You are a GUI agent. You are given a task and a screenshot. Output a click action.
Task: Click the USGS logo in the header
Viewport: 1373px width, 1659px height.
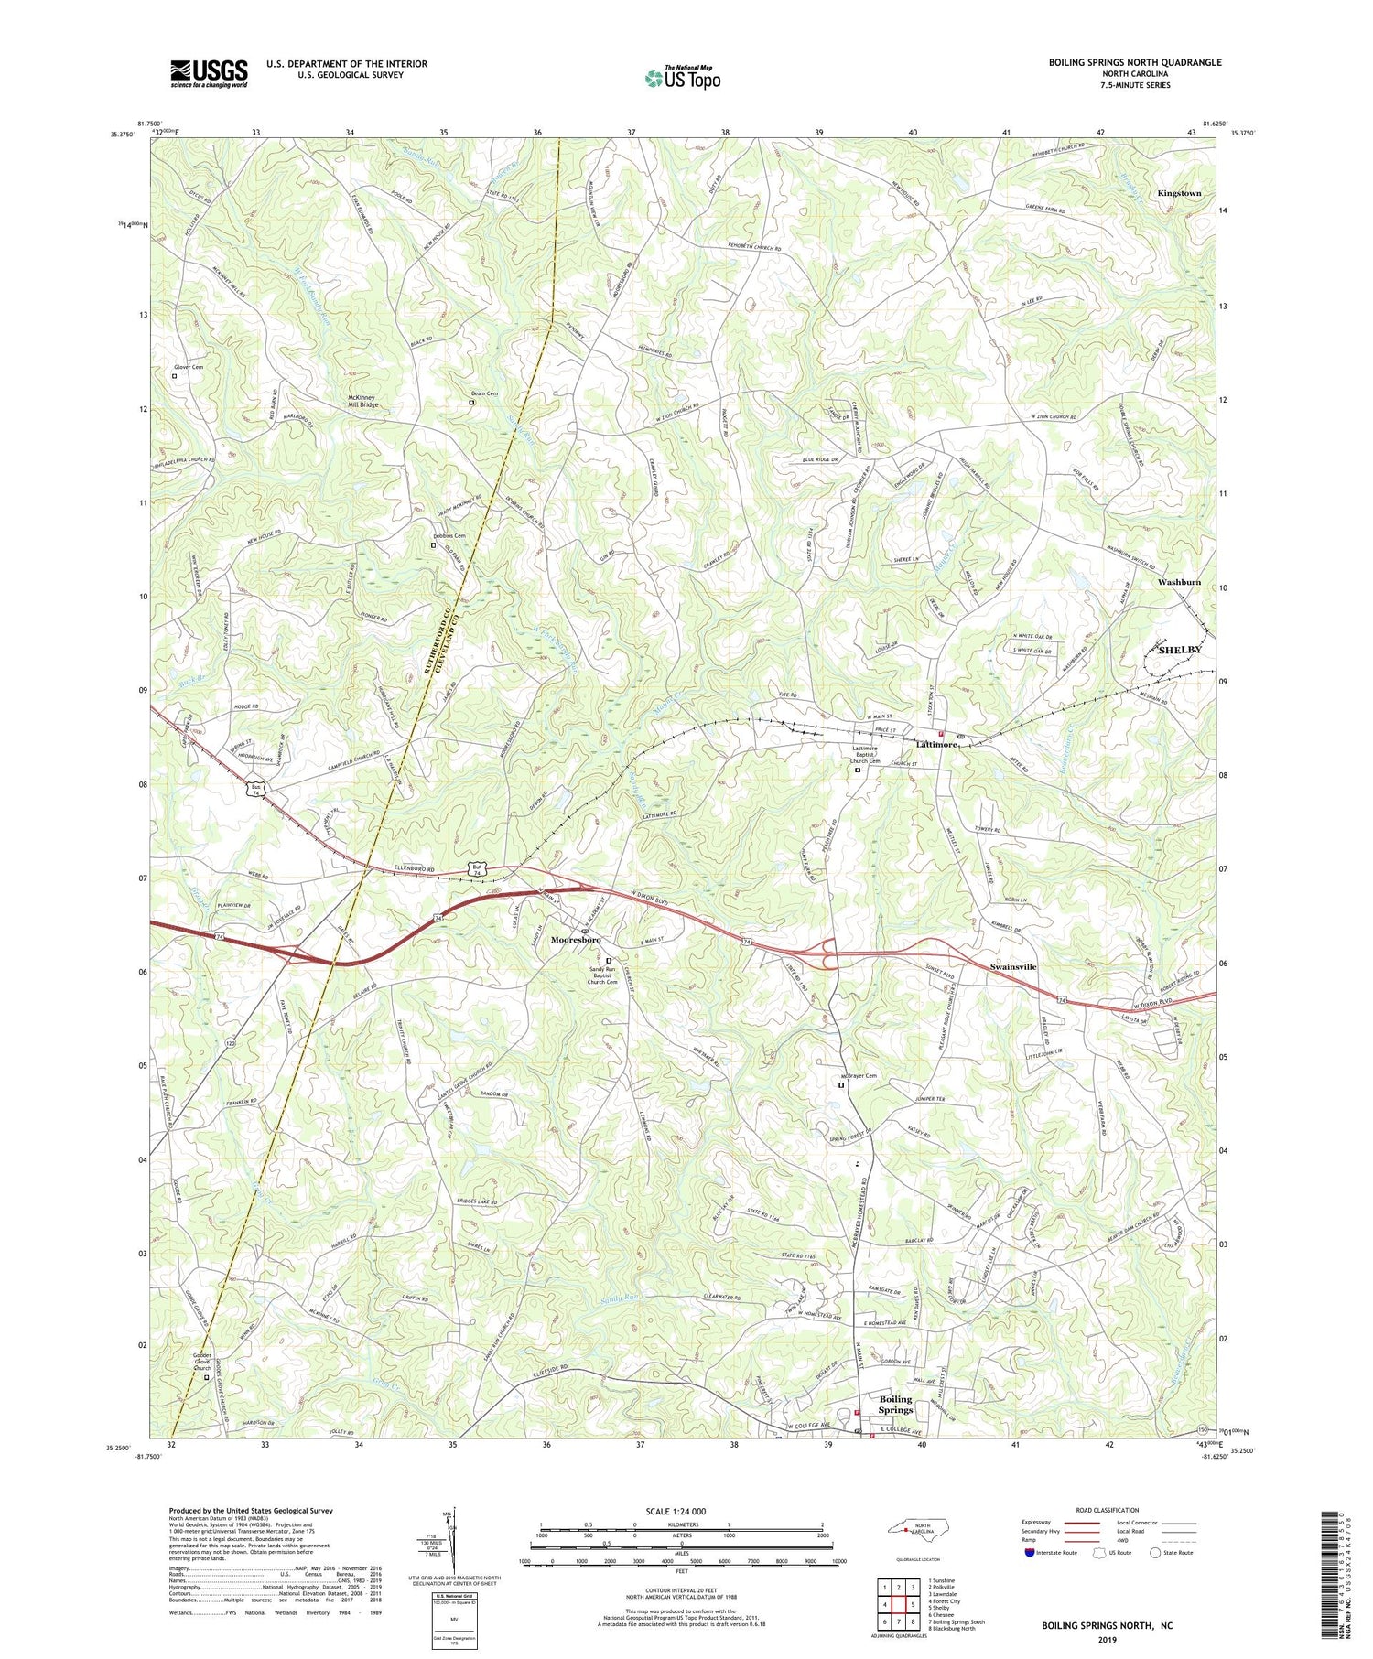tap(209, 73)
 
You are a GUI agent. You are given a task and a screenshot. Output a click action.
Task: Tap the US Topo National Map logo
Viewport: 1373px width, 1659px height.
tap(682, 78)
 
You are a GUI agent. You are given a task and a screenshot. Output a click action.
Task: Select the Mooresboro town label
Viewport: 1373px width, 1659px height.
tap(576, 940)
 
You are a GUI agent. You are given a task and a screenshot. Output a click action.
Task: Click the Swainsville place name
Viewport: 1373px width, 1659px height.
tap(1013, 966)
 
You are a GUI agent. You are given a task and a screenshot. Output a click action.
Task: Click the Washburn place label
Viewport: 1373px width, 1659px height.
tap(1179, 582)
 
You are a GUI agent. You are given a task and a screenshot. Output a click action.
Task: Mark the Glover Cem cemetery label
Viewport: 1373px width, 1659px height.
tap(189, 367)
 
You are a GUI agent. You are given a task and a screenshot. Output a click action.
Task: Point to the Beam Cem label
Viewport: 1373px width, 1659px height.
tap(485, 393)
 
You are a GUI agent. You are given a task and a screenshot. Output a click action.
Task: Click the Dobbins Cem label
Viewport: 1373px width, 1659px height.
tap(449, 536)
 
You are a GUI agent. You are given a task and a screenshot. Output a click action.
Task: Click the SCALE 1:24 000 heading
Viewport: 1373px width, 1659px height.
tap(676, 1511)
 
